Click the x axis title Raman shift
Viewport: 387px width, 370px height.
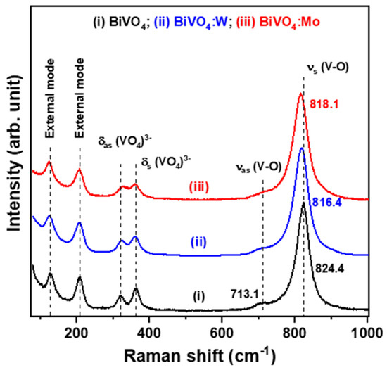pos(201,352)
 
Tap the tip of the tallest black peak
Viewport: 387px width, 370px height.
pos(303,203)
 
